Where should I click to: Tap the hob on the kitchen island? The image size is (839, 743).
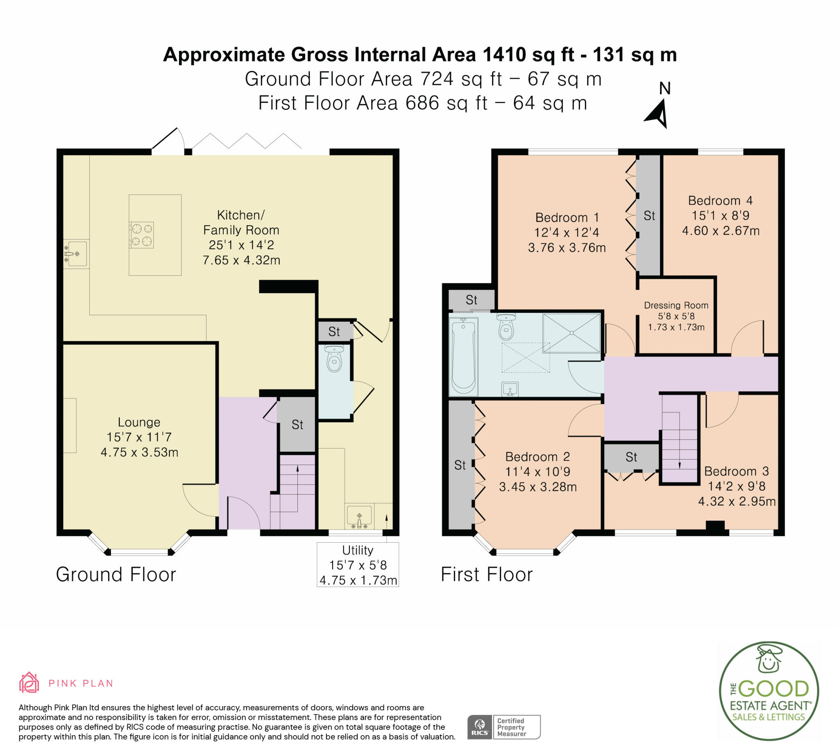point(141,235)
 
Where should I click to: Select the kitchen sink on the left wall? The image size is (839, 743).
point(76,254)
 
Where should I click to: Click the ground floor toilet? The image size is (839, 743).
point(334,358)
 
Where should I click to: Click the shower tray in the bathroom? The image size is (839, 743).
point(571,333)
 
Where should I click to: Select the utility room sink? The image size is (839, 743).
point(359,517)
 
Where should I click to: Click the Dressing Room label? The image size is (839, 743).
point(676,305)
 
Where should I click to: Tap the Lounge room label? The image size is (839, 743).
point(139,422)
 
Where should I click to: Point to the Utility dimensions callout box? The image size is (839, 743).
point(358,564)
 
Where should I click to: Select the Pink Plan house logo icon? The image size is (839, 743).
point(29,683)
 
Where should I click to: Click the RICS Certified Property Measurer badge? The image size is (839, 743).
point(503,727)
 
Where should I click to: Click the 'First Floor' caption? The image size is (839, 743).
point(487,574)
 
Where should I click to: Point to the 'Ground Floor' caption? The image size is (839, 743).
point(116,574)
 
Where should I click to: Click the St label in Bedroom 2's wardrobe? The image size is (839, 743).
point(460,465)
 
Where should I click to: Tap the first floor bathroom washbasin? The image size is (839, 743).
point(510,389)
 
